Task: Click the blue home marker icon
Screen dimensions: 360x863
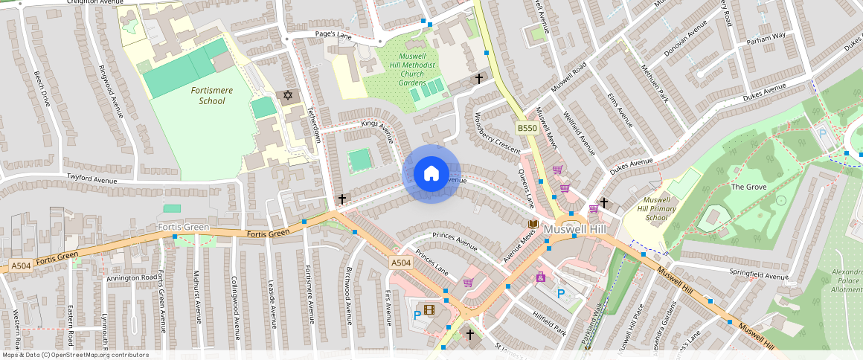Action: pyautogui.click(x=431, y=174)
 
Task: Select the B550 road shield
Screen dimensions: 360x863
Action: pyautogui.click(x=527, y=129)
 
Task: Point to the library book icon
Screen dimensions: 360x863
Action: pyautogui.click(x=533, y=224)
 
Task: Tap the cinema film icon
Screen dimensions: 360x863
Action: pyautogui.click(x=429, y=309)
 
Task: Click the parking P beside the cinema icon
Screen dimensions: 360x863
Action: pyautogui.click(x=417, y=315)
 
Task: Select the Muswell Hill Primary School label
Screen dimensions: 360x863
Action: pyautogui.click(x=656, y=209)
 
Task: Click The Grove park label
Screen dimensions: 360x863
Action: pyautogui.click(x=748, y=187)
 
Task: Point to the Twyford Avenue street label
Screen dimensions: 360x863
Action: pyautogui.click(x=92, y=179)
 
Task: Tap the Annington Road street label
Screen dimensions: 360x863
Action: pyautogui.click(x=130, y=278)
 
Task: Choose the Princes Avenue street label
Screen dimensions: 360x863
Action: pyautogui.click(x=454, y=241)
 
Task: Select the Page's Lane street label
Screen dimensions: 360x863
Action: pyautogui.click(x=333, y=35)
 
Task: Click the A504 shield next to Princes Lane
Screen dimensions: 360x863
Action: pyautogui.click(x=401, y=263)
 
